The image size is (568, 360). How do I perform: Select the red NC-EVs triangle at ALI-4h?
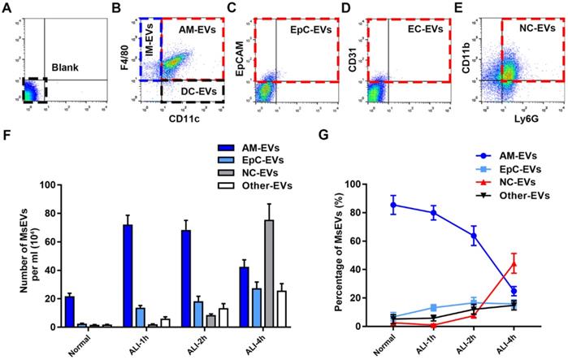tap(536, 264)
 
